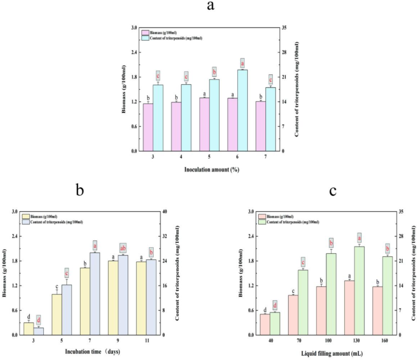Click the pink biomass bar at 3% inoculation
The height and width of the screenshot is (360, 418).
click(148, 127)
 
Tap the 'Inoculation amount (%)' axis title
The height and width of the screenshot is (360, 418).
click(209, 168)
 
